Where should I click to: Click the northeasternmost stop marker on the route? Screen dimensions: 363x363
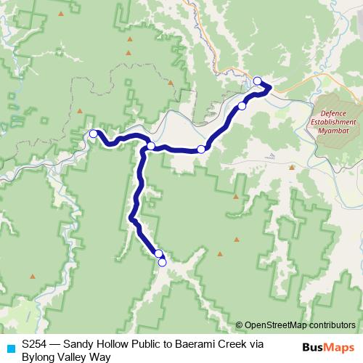pos(257,81)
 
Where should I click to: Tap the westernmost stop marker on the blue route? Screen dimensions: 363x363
pos(93,134)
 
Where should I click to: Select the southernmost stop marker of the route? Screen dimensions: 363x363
pos(162,262)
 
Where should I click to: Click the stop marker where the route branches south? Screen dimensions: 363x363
pos(150,146)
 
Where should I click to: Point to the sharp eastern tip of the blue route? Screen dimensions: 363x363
pos(271,87)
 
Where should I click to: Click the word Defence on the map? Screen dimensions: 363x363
pos(333,114)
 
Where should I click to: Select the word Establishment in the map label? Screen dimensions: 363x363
pos(333,123)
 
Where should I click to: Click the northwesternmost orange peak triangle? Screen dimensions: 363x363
pos(61,14)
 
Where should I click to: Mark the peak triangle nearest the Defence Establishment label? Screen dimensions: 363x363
pos(291,166)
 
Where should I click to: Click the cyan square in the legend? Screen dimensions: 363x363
pos(9,348)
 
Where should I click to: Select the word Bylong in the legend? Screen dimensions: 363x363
pos(38,356)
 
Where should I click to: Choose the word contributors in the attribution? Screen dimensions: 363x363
pos(331,325)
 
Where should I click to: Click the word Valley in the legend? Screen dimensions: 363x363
pos(74,356)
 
